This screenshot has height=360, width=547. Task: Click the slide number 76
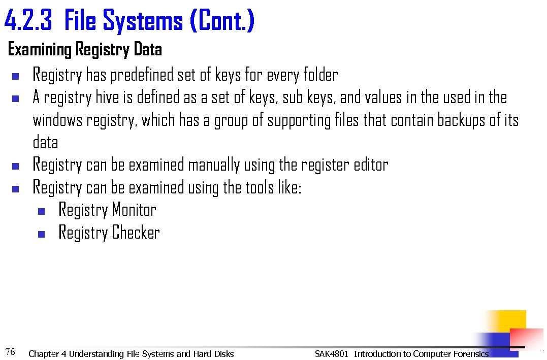(x=10, y=351)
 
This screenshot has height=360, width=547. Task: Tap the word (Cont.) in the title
(x=221, y=21)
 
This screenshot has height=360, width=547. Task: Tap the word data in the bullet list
(x=45, y=143)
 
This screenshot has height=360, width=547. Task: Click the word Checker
(x=136, y=233)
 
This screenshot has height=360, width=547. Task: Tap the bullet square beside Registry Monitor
(x=42, y=211)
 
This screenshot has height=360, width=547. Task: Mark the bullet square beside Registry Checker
(x=42, y=234)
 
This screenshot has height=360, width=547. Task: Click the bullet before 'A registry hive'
(x=15, y=99)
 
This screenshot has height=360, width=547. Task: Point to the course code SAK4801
(x=331, y=354)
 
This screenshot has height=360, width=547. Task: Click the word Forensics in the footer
(x=471, y=354)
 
